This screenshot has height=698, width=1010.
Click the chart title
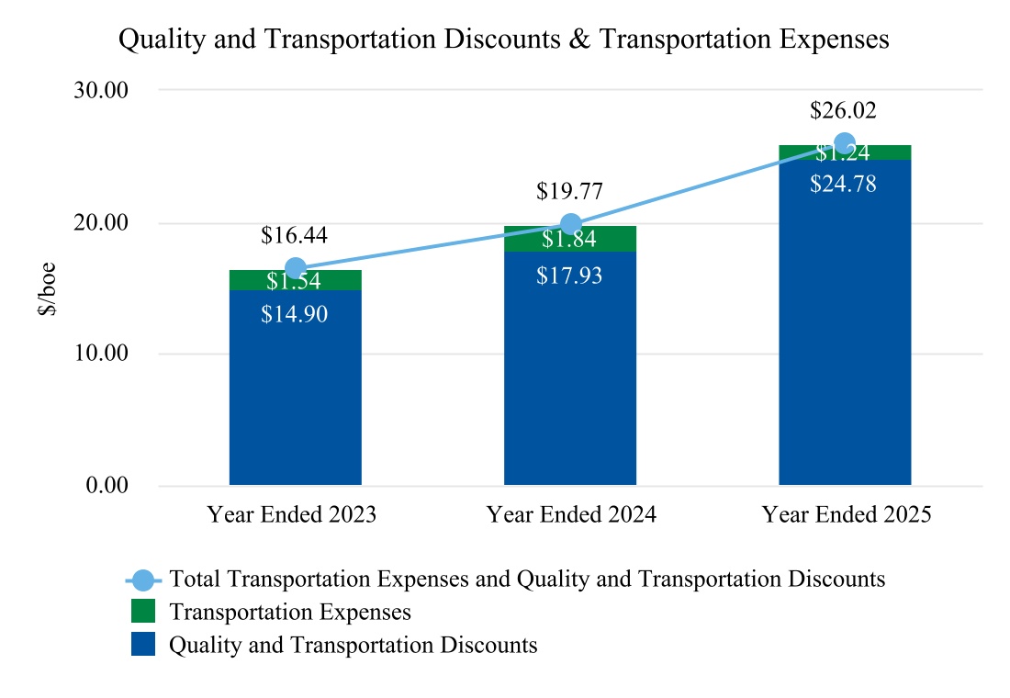click(x=504, y=40)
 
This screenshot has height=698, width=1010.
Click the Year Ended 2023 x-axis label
click(x=292, y=514)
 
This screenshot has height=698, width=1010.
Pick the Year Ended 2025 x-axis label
click(x=847, y=514)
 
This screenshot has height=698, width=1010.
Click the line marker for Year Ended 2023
click(x=295, y=268)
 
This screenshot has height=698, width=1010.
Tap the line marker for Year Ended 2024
click(x=570, y=224)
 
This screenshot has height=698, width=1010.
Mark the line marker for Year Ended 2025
click(x=845, y=143)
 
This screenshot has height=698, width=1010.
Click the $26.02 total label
click(x=843, y=111)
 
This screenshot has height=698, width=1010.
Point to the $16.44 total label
click(x=294, y=236)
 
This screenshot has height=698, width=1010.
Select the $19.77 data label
click(x=569, y=192)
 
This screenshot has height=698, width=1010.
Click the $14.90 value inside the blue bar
click(x=294, y=314)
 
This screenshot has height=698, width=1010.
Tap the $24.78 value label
click(x=843, y=184)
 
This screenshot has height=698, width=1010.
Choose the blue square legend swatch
click(x=142, y=645)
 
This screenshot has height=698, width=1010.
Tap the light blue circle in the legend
click(x=142, y=580)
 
